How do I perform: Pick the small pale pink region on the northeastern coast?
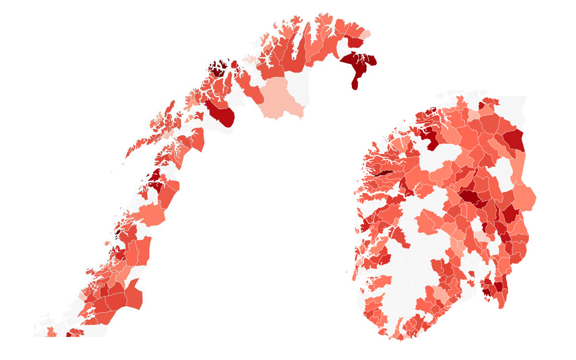366,35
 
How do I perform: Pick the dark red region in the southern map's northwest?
430,139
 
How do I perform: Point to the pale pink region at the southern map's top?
474,115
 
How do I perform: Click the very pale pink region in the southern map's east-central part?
481,237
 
